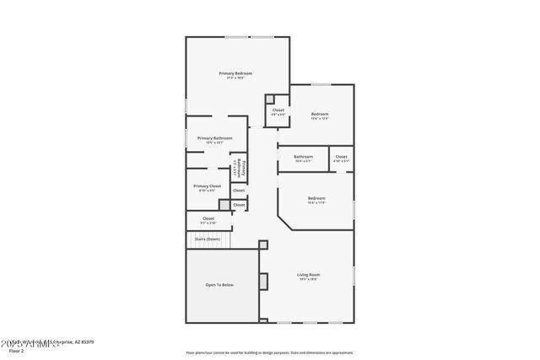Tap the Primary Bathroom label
215,137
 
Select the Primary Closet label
207,185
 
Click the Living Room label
308,274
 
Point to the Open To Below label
220,285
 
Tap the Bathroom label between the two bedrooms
303,157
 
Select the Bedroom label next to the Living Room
316,199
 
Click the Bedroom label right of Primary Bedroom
319,114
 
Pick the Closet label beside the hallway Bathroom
341,157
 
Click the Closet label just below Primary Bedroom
278,110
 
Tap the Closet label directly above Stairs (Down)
208,218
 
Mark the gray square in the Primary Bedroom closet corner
270,99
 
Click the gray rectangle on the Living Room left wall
262,281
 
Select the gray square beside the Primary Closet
224,204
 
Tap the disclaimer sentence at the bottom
269,352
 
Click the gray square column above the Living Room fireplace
262,244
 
